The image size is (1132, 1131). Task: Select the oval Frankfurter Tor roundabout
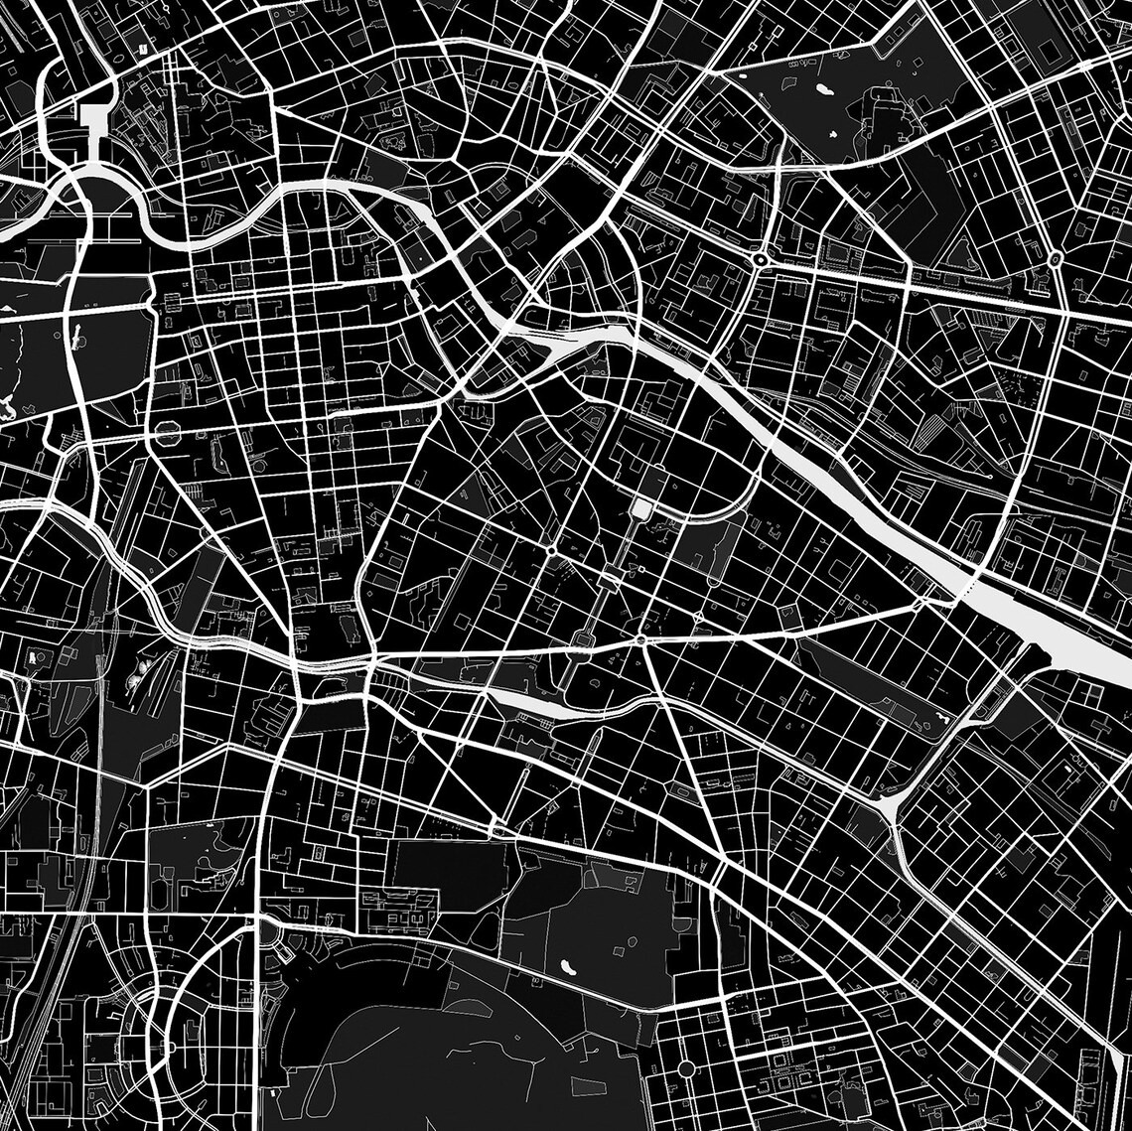point(1055,258)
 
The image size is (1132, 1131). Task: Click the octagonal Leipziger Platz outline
point(167,432)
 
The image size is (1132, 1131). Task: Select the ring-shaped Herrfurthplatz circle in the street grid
point(686,1068)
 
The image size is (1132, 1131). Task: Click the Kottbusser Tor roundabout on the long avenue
point(641,641)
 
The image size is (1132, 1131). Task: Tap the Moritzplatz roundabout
point(550,549)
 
